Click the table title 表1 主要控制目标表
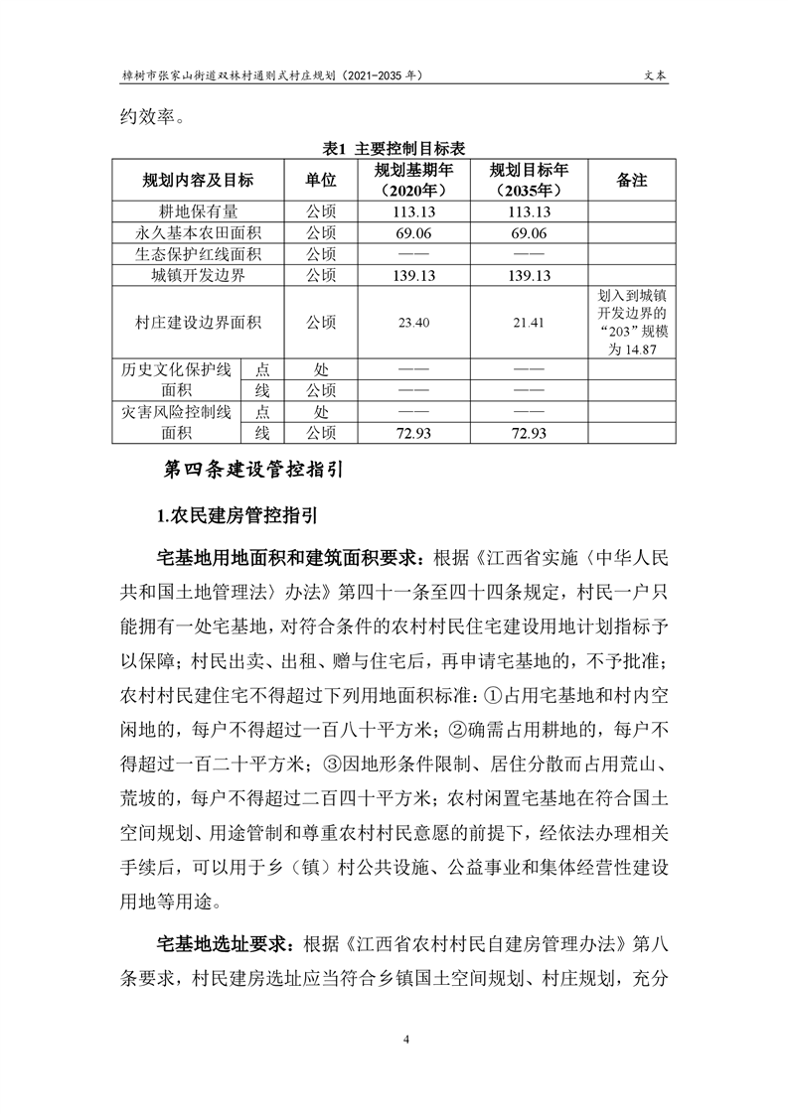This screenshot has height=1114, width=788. (x=394, y=148)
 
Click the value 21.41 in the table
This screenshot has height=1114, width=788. (x=528, y=324)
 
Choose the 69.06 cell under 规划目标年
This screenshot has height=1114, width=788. (x=528, y=233)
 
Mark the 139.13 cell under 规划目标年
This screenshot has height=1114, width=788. (x=528, y=276)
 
